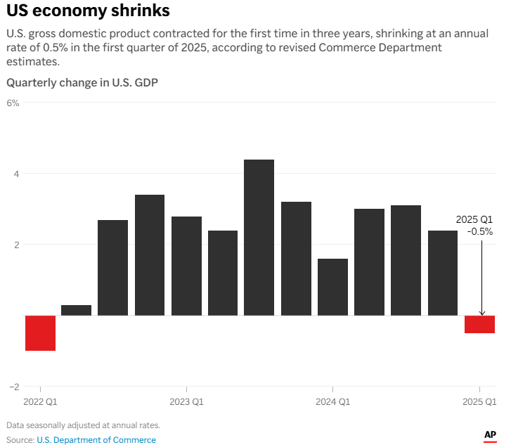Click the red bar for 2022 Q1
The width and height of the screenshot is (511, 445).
click(40, 333)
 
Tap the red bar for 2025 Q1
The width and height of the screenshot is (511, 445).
click(479, 324)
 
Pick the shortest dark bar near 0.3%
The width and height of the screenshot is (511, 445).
click(77, 310)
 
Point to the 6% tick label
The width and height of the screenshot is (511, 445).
click(13, 103)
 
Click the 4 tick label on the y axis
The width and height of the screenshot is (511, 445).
click(15, 174)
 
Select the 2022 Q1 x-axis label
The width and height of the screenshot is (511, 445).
click(40, 402)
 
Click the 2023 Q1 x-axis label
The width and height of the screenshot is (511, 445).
click(186, 402)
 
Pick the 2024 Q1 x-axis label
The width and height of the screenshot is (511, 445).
click(332, 402)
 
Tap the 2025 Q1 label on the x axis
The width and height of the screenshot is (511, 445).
click(479, 402)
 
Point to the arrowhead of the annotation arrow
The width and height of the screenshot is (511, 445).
click(481, 313)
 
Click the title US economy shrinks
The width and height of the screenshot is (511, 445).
click(88, 12)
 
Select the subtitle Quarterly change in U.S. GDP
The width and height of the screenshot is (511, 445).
click(82, 83)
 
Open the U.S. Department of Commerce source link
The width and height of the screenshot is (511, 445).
click(96, 440)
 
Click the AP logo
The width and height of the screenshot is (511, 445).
click(490, 436)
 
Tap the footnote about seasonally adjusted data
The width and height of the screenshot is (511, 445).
click(84, 425)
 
